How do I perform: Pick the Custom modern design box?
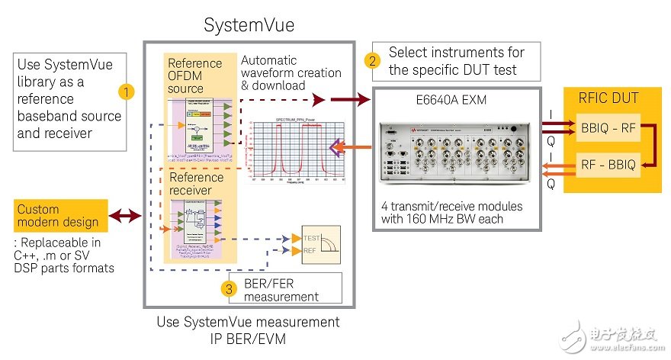58,216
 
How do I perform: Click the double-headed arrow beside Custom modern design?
126,216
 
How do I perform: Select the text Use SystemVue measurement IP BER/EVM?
248,330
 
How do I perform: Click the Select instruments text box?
456,61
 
